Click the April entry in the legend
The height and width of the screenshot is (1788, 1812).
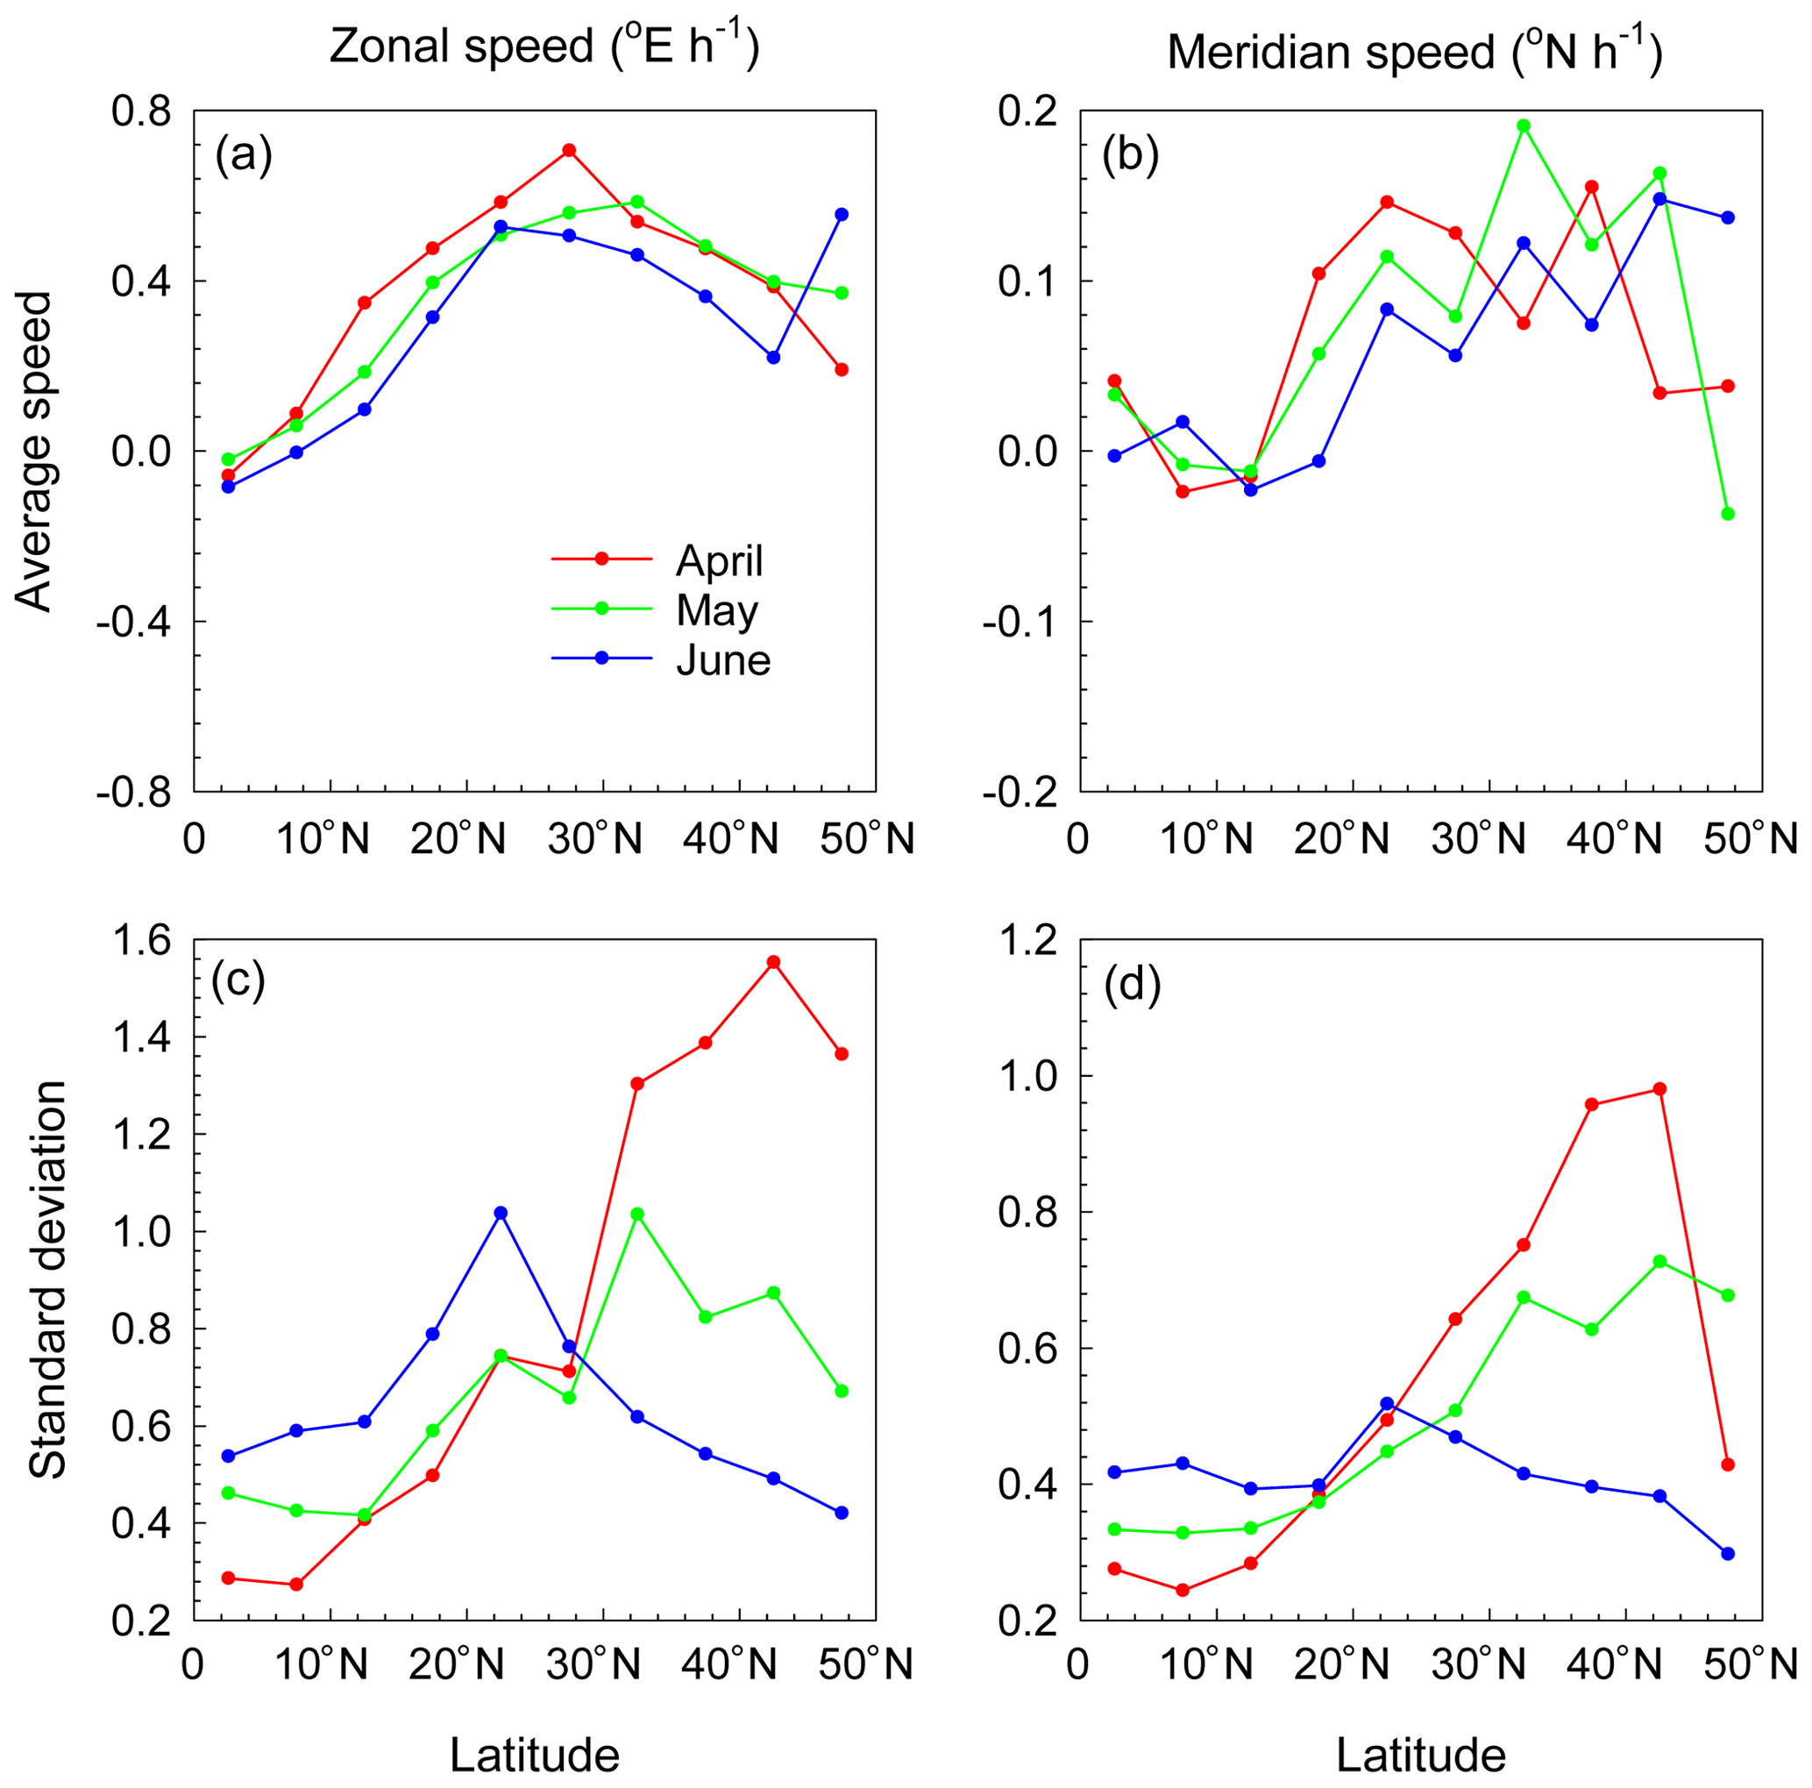click(x=719, y=561)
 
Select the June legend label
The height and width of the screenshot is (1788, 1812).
click(x=722, y=661)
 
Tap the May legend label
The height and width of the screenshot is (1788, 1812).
click(x=716, y=610)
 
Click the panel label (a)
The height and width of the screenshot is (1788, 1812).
click(x=244, y=156)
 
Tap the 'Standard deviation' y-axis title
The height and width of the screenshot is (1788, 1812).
click(x=46, y=1279)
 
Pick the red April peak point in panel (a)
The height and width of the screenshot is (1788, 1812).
click(x=568, y=150)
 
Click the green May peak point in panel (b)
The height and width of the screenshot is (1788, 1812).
click(x=1523, y=125)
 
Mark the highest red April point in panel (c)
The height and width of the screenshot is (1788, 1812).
click(x=773, y=962)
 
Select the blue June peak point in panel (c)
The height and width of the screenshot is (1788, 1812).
click(x=500, y=1213)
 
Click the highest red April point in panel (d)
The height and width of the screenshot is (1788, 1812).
click(x=1659, y=1089)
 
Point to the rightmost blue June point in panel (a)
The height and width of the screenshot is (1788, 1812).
click(x=842, y=215)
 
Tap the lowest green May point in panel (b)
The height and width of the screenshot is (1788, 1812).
click(x=1728, y=514)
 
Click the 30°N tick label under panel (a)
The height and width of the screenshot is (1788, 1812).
click(x=594, y=839)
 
